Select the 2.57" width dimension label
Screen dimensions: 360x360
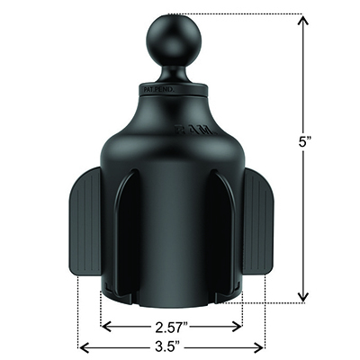(171, 328)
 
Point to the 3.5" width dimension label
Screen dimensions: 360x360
(171, 346)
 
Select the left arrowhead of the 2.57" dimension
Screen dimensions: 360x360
(104, 328)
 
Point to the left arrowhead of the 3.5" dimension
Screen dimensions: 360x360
(83, 346)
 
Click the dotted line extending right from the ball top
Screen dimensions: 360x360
(243, 13)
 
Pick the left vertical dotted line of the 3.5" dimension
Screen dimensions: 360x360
(79, 315)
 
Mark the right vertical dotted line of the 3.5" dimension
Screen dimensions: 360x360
(265, 315)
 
